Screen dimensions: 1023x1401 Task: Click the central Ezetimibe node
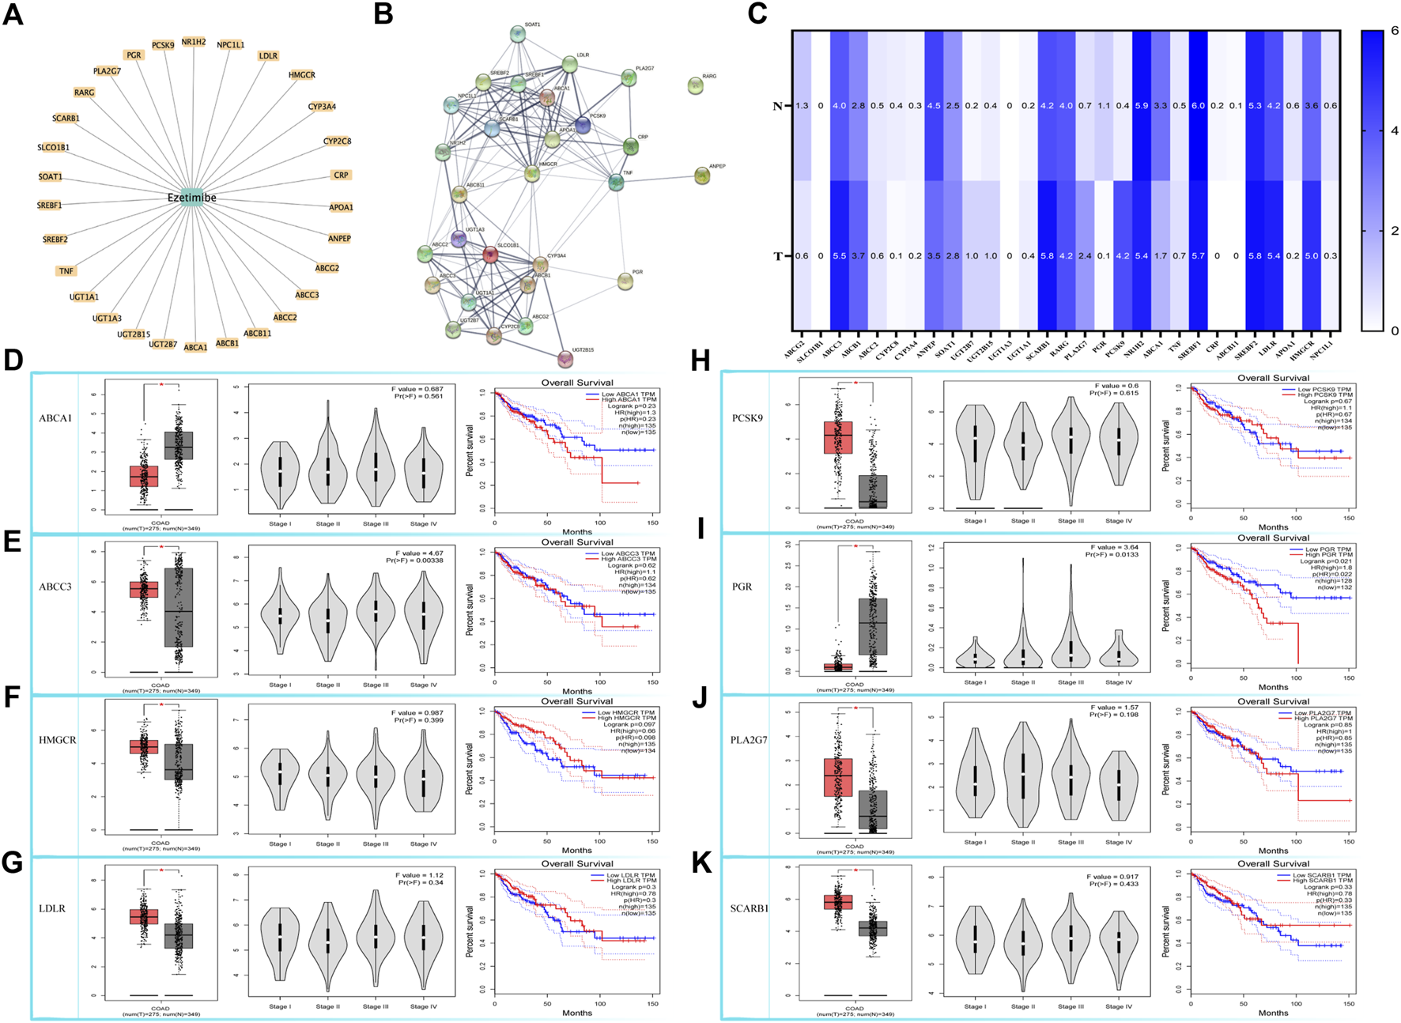coord(191,198)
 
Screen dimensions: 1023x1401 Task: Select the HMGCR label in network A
coord(301,75)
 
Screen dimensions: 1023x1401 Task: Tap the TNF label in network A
coord(66,271)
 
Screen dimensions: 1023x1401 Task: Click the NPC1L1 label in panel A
coord(231,45)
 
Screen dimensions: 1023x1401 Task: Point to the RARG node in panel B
coord(695,85)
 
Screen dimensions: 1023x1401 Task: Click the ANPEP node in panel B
coord(702,176)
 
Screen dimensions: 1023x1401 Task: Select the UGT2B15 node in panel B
coord(565,360)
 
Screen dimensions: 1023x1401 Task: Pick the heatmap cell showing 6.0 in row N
coord(1198,106)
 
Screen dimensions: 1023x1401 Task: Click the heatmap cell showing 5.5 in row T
coord(839,256)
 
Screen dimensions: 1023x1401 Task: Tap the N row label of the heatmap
coord(777,106)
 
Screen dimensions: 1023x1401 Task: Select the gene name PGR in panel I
coord(742,587)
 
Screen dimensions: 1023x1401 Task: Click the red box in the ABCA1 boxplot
coord(144,476)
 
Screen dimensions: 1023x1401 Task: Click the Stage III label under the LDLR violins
coord(376,1006)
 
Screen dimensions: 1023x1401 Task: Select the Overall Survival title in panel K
coord(1273,863)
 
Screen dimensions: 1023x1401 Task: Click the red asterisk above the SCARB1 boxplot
coord(855,870)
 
